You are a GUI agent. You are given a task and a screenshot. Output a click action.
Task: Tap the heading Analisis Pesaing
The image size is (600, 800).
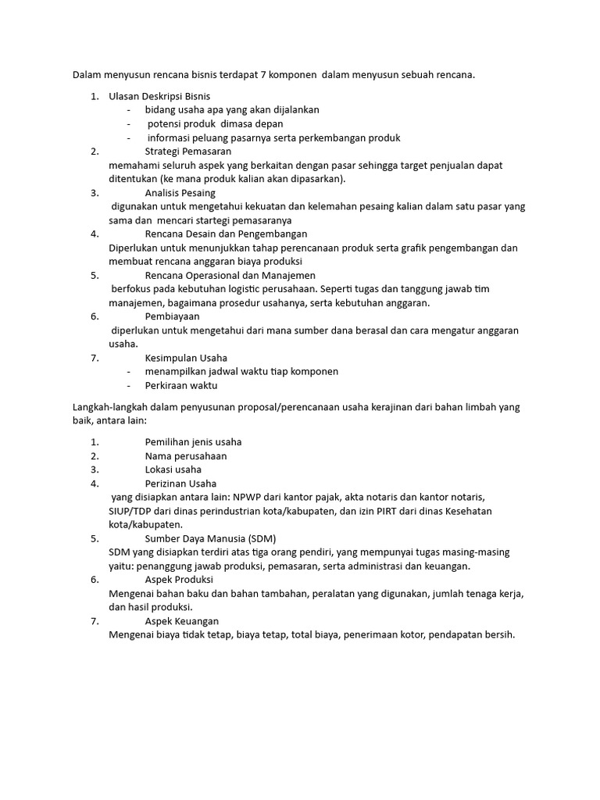coord(180,193)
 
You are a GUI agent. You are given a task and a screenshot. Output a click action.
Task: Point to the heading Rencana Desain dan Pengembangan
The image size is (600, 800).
coord(226,234)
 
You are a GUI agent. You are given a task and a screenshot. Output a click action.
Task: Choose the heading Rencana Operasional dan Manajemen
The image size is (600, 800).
coord(230,275)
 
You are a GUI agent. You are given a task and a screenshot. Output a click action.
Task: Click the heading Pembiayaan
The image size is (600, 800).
coord(172,316)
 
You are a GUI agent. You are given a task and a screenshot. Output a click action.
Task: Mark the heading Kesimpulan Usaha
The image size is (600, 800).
coord(186,358)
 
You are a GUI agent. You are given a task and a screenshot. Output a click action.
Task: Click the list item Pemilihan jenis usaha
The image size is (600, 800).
coord(194,442)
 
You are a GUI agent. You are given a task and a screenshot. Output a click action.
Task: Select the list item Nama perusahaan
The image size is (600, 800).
coord(186,455)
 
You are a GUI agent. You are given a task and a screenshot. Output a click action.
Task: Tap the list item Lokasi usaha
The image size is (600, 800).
coord(173,470)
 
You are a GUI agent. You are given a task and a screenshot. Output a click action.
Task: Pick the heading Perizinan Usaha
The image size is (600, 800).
coord(180,484)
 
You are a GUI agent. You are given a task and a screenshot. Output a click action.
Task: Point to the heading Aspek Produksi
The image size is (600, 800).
coord(179,580)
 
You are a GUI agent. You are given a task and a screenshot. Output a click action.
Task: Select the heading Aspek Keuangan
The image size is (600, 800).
coord(182,621)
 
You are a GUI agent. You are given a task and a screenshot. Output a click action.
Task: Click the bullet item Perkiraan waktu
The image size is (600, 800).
coord(180,385)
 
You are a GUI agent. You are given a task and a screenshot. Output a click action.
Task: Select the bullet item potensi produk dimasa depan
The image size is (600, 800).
coord(215,123)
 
